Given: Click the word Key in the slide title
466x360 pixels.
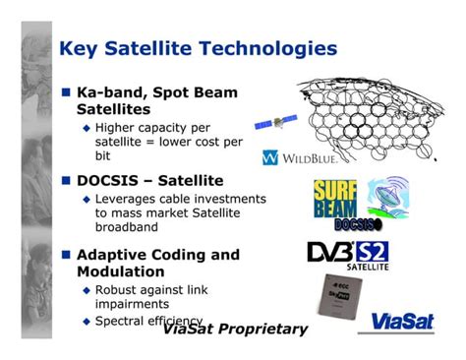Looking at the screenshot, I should pyautogui.click(x=79, y=47).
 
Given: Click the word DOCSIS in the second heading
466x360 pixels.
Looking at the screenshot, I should pyautogui.click(x=112, y=181).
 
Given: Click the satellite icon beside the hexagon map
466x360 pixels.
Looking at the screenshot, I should pyautogui.click(x=275, y=122).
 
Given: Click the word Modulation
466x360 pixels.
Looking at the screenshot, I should pyautogui.click(x=121, y=270).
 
